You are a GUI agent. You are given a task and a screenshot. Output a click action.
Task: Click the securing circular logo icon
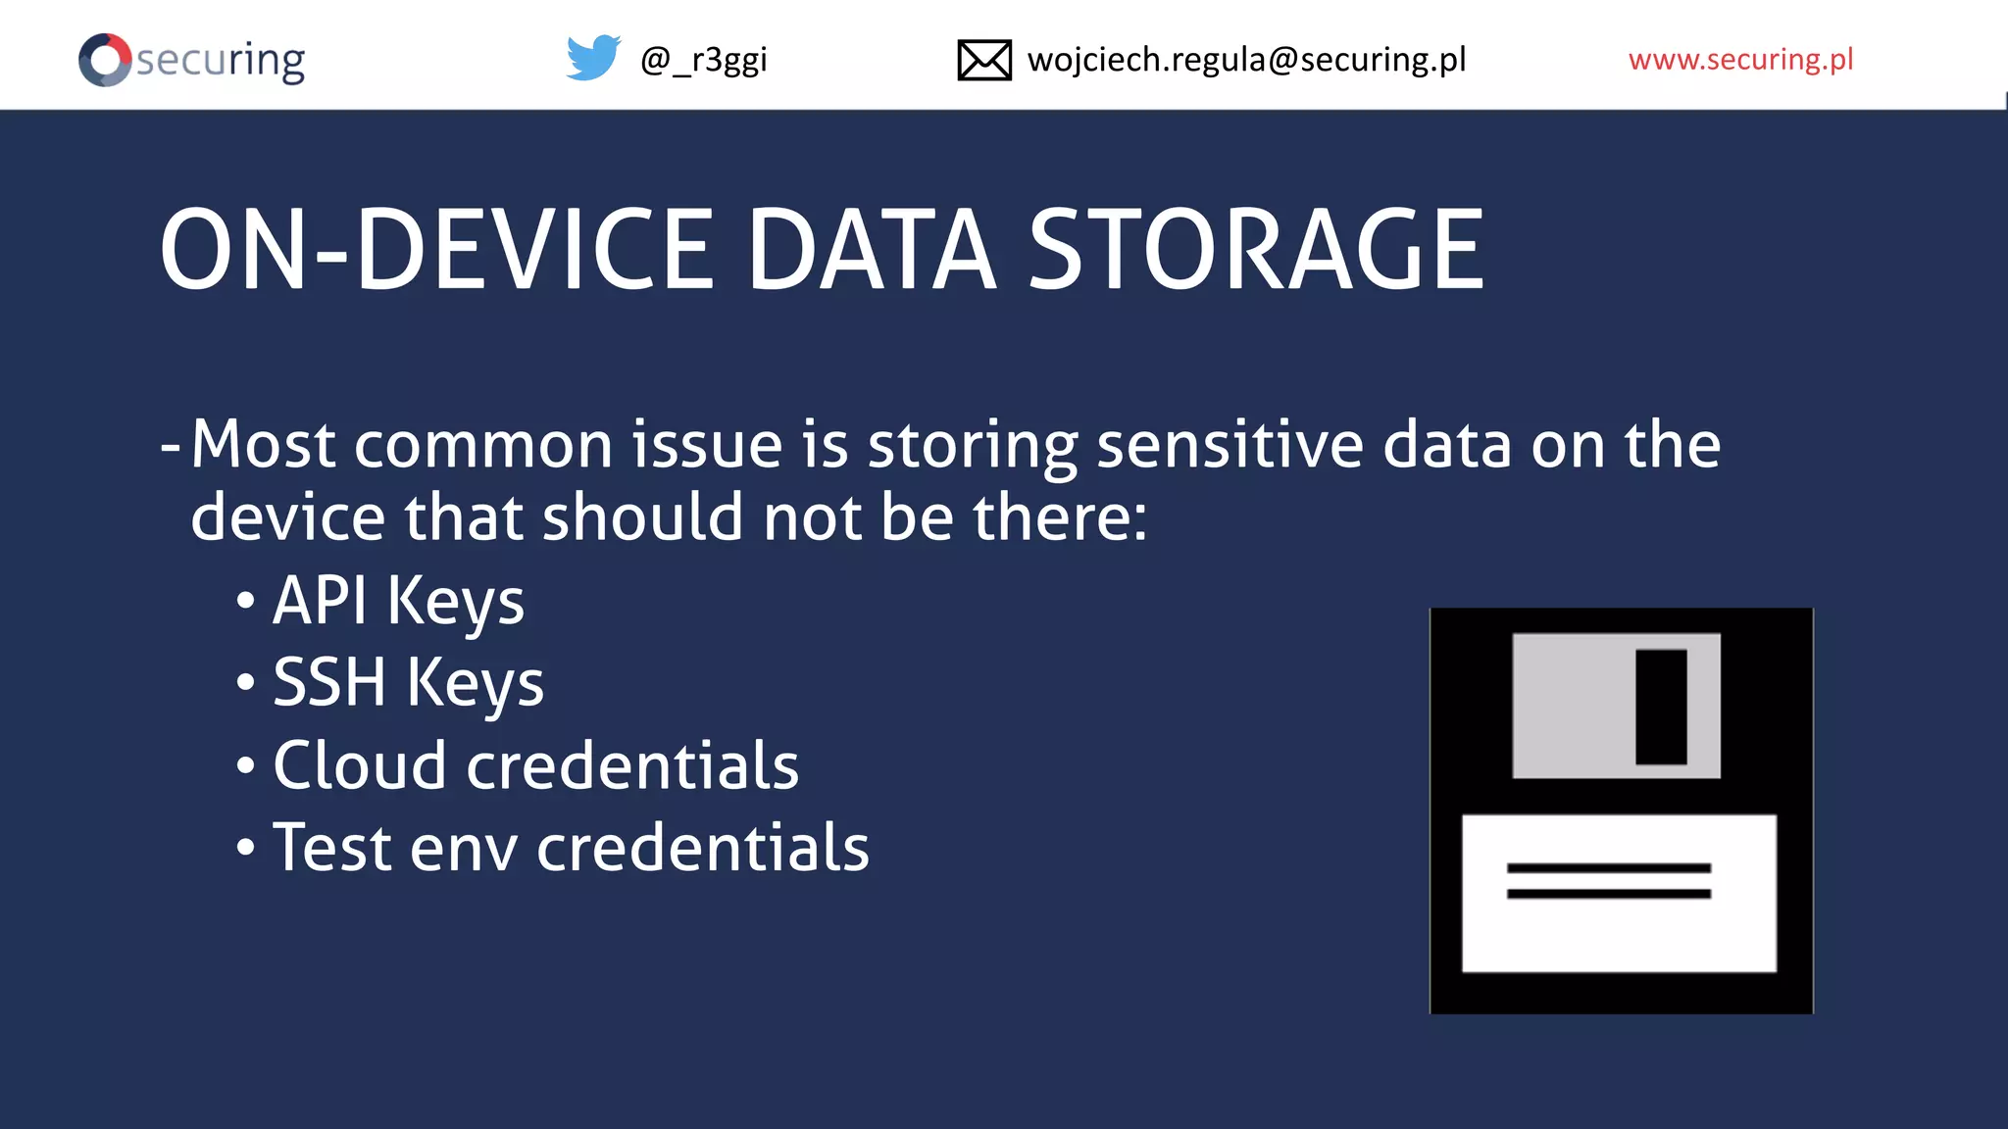[x=105, y=60]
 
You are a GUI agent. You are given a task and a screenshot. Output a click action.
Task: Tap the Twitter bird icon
[x=593, y=59]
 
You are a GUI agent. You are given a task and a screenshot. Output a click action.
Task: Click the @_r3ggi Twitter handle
[x=703, y=60]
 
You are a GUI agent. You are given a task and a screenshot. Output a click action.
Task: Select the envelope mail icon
[x=983, y=60]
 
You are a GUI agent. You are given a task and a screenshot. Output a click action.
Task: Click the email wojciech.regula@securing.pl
[x=1246, y=60]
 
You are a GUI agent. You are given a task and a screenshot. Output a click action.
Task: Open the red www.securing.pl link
[x=1740, y=60]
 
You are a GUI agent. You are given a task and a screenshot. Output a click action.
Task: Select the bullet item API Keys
[x=397, y=601]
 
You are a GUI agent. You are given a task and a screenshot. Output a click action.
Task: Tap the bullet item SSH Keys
[x=407, y=683]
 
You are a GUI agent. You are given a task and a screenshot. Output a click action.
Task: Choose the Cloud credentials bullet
[x=534, y=765]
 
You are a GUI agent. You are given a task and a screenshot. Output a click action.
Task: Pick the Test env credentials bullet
[x=570, y=848]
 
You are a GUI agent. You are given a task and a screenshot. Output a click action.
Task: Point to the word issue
[x=706, y=445]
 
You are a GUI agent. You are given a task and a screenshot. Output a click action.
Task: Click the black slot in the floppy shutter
[x=1661, y=706]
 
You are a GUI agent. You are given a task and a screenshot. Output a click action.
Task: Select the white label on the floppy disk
[x=1619, y=931]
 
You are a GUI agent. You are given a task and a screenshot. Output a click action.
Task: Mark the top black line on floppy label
[x=1608, y=868]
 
